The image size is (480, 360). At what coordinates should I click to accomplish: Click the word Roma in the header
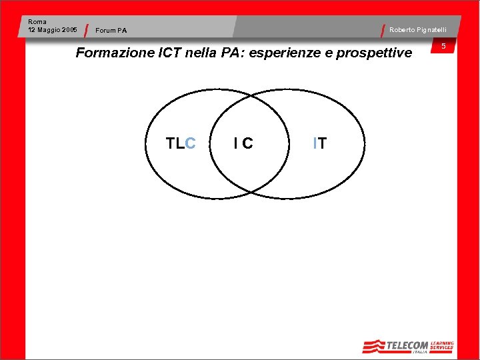(37, 22)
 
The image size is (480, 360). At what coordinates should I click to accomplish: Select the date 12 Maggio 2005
(53, 30)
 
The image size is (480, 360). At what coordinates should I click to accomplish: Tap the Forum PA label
(111, 31)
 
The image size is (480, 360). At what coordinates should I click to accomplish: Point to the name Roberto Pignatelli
(418, 30)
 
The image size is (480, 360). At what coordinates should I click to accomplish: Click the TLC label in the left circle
(180, 143)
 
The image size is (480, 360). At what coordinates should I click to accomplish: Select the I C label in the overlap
(243, 143)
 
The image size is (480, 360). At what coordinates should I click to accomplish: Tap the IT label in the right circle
(320, 143)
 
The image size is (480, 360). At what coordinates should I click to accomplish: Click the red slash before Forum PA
(88, 31)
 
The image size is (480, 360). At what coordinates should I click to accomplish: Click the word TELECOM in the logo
(408, 345)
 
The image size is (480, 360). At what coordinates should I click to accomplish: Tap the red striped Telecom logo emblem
(374, 346)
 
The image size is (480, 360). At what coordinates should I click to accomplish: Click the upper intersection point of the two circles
(250, 95)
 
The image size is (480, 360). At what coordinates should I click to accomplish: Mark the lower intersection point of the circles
(251, 192)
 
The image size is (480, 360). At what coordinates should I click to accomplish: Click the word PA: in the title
(233, 53)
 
